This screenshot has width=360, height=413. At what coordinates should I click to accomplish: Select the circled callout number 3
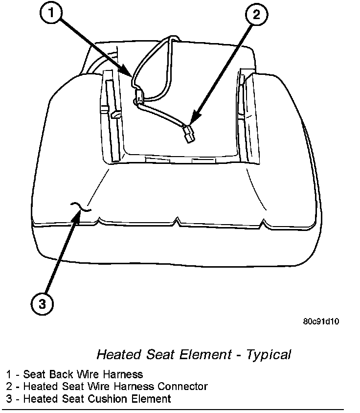coord(43,304)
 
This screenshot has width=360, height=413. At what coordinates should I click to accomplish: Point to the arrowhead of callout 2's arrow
coord(191,120)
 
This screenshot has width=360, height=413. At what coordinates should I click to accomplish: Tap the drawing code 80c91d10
coord(321,321)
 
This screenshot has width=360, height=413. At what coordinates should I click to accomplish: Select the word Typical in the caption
coord(269,354)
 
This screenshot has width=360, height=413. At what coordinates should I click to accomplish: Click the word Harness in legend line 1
coord(125,374)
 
